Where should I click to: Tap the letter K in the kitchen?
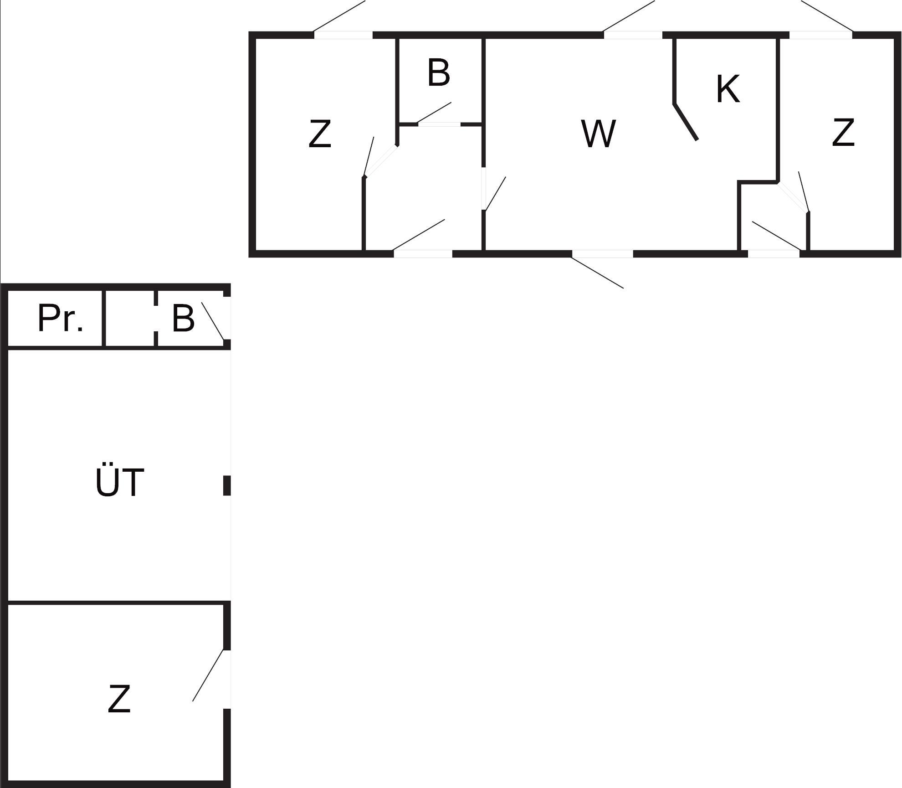[x=728, y=89]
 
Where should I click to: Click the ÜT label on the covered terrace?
[x=120, y=481]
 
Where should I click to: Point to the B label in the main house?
[x=439, y=72]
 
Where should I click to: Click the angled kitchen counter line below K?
[x=686, y=122]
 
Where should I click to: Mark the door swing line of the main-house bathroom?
[x=434, y=113]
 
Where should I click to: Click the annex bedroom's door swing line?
[x=208, y=675]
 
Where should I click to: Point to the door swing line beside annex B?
[x=213, y=321]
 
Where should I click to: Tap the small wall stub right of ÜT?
[x=227, y=485]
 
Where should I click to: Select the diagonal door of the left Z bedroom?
[x=381, y=160]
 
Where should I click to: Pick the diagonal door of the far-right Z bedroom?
[x=793, y=197]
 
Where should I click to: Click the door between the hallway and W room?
[x=483, y=189]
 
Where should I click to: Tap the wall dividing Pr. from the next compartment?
[x=103, y=318]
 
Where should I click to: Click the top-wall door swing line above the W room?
[x=629, y=16]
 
